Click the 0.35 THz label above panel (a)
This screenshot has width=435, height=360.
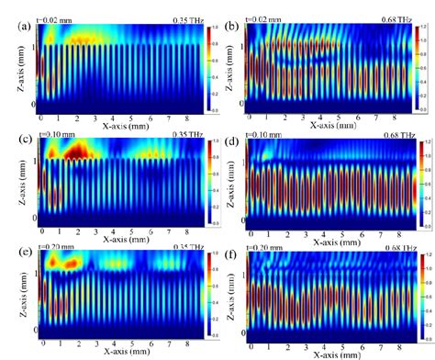click(184, 18)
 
